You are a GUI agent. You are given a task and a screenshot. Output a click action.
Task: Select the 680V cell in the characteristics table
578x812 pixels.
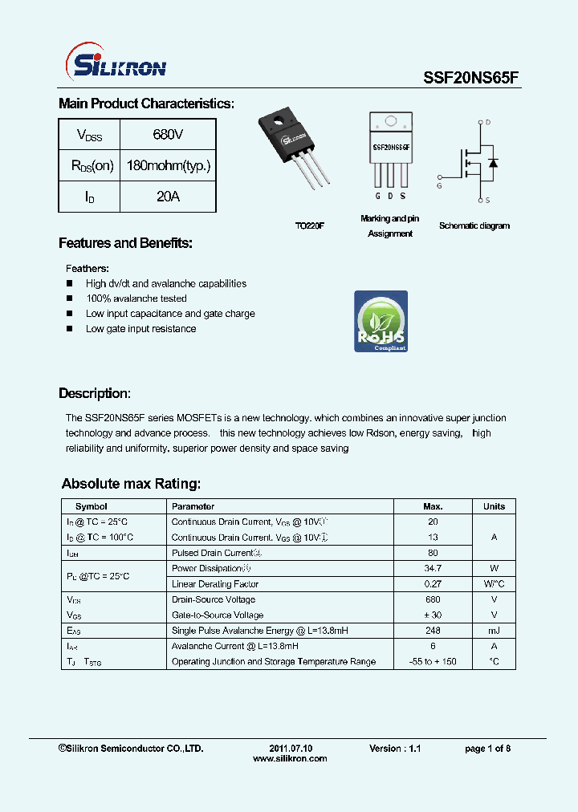pyautogui.click(x=168, y=135)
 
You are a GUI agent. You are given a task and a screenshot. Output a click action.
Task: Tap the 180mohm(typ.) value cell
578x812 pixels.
pyautogui.click(x=169, y=166)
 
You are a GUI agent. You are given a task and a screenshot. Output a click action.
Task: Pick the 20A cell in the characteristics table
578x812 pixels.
pyautogui.click(x=168, y=197)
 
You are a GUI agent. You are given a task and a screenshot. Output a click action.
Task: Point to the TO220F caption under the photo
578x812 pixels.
pyautogui.click(x=309, y=226)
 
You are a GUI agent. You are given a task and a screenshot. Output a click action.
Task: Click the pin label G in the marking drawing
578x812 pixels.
pyautogui.click(x=377, y=196)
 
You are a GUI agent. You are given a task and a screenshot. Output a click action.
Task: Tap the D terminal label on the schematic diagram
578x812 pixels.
pyautogui.click(x=487, y=123)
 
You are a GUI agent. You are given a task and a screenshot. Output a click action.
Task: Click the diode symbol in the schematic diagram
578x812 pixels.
pyautogui.click(x=493, y=163)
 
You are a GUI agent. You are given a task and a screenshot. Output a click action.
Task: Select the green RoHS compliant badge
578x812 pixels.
pyautogui.click(x=381, y=322)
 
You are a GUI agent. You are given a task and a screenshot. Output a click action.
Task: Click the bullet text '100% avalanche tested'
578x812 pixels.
pyautogui.click(x=136, y=298)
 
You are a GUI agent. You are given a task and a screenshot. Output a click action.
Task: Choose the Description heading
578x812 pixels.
pyautogui.click(x=94, y=394)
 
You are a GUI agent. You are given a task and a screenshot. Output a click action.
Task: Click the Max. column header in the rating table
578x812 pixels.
pyautogui.click(x=433, y=506)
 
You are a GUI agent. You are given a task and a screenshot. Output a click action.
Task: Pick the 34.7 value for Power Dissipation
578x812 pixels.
pyautogui.click(x=433, y=568)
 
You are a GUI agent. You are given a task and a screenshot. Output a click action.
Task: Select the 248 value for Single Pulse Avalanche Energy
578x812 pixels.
pyautogui.click(x=433, y=631)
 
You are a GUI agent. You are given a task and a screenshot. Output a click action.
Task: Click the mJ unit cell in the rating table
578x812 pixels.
pyautogui.click(x=494, y=631)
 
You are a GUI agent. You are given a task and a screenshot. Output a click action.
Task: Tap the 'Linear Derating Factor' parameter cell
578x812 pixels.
pyautogui.click(x=215, y=584)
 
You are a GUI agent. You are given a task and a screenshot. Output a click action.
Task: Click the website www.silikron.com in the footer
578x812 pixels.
pyautogui.click(x=290, y=758)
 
